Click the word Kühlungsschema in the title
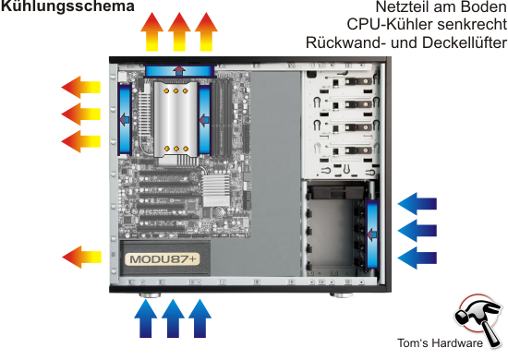click(x=67, y=6)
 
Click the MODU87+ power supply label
click(x=163, y=259)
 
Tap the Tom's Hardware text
click(x=440, y=343)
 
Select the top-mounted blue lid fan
click(x=180, y=70)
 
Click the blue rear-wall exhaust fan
click(x=125, y=119)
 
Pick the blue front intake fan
click(x=372, y=234)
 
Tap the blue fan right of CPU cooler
click(x=204, y=119)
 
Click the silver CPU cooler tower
click(x=175, y=119)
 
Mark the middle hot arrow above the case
click(x=179, y=31)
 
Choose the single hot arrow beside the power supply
click(x=81, y=257)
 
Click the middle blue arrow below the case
click(x=173, y=318)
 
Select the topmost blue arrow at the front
click(x=417, y=204)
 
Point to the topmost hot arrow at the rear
click(x=81, y=88)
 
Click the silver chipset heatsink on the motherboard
click(x=216, y=189)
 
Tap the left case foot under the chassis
click(x=150, y=295)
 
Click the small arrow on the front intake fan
click(x=372, y=234)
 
